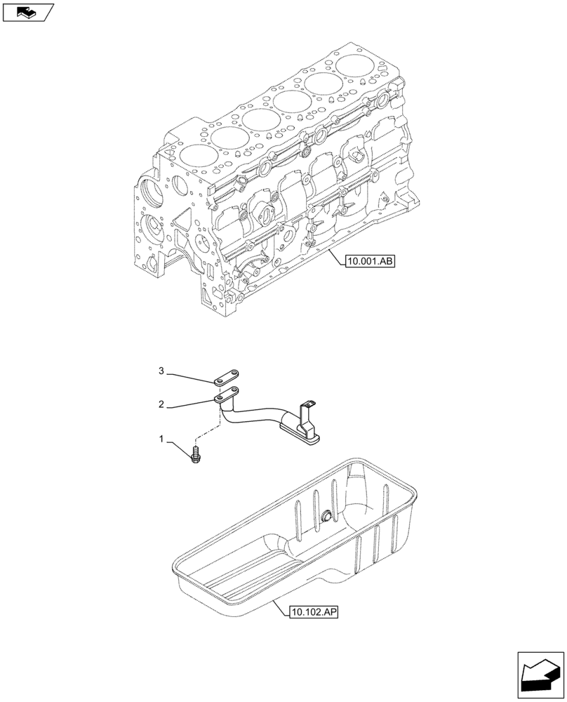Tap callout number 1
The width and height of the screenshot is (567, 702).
161,439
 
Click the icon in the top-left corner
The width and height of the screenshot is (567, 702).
27,11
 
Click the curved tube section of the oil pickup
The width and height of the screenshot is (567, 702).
253,416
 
